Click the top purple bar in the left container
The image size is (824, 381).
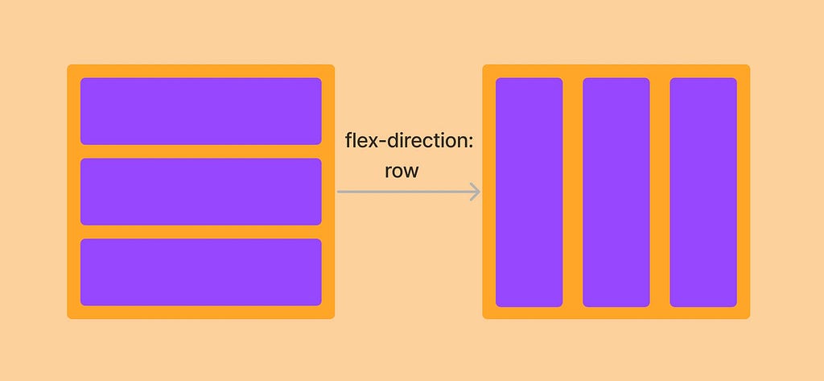(x=201, y=111)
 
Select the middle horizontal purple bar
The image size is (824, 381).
(x=201, y=192)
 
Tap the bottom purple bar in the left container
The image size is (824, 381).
(x=201, y=272)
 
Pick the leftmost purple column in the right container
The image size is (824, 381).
(x=529, y=193)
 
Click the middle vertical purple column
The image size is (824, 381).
(x=616, y=193)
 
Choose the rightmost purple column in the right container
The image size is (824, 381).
(x=703, y=193)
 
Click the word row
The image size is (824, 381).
(x=401, y=172)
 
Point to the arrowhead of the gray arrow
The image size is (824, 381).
(x=476, y=192)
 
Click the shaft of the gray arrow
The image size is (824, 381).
(x=402, y=192)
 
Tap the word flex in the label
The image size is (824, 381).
(x=360, y=141)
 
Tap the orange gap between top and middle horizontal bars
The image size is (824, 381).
(x=201, y=151)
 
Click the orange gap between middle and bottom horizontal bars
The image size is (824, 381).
(x=201, y=232)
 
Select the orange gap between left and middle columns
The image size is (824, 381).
(x=572, y=193)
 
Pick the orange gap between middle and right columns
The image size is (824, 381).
(x=659, y=193)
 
